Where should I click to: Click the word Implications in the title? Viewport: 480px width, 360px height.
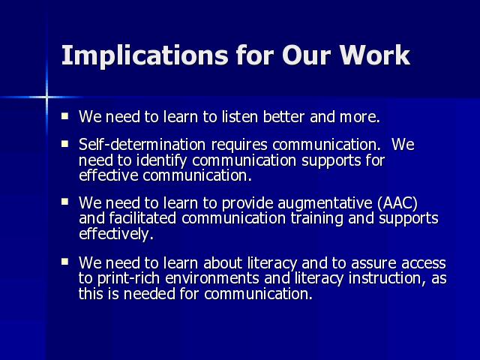pyautogui.click(x=145, y=55)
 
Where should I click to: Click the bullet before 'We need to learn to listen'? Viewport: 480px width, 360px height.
pyautogui.click(x=64, y=116)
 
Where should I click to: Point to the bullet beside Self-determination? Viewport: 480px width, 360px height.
pyautogui.click(x=64, y=143)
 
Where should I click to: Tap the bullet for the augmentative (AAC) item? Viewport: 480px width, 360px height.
pyautogui.click(x=64, y=202)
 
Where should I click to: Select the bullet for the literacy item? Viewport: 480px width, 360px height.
pyautogui.click(x=64, y=262)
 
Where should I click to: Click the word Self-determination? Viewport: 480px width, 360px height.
pyautogui.click(x=142, y=145)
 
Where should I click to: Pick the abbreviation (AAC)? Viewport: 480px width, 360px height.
pyautogui.click(x=397, y=203)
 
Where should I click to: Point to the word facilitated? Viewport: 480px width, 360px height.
pyautogui.click(x=142, y=218)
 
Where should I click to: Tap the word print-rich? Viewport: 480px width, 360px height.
pyautogui.click(x=128, y=279)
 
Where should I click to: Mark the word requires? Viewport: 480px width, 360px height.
pyautogui.click(x=239, y=145)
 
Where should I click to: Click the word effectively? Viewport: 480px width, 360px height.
pyautogui.click(x=116, y=234)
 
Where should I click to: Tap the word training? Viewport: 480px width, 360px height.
pyautogui.click(x=316, y=219)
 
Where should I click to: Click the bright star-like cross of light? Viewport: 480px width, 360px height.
pyautogui.click(x=46, y=97)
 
